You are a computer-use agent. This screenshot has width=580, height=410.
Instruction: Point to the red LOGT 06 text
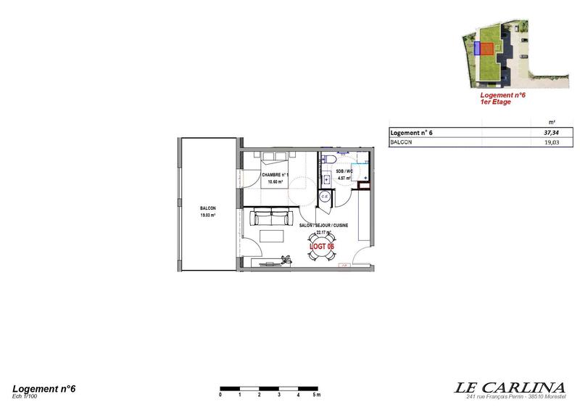(320, 247)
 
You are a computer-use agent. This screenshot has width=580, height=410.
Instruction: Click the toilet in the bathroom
(329, 159)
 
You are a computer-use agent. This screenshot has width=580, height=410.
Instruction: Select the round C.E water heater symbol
(326, 196)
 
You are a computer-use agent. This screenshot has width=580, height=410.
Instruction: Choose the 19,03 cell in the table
(552, 144)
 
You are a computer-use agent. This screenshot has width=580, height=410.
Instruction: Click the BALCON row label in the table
(402, 144)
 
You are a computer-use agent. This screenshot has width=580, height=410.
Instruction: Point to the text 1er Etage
(496, 102)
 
